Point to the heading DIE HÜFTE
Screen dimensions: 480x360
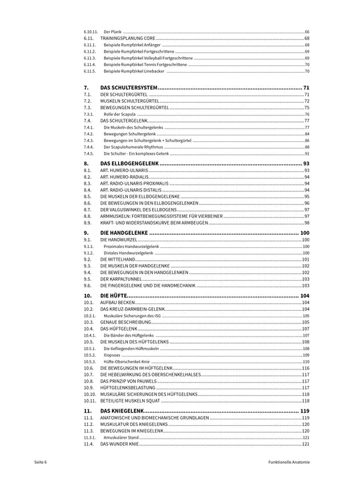click(x=113, y=295)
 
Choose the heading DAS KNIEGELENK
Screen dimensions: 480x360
click(x=124, y=411)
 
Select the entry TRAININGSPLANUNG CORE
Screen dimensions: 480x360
click(x=127, y=39)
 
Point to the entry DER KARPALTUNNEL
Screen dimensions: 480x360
click(x=122, y=279)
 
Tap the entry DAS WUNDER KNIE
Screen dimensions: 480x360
click(x=121, y=443)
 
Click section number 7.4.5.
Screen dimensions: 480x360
click(x=89, y=153)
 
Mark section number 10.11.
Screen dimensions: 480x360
click(x=90, y=401)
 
